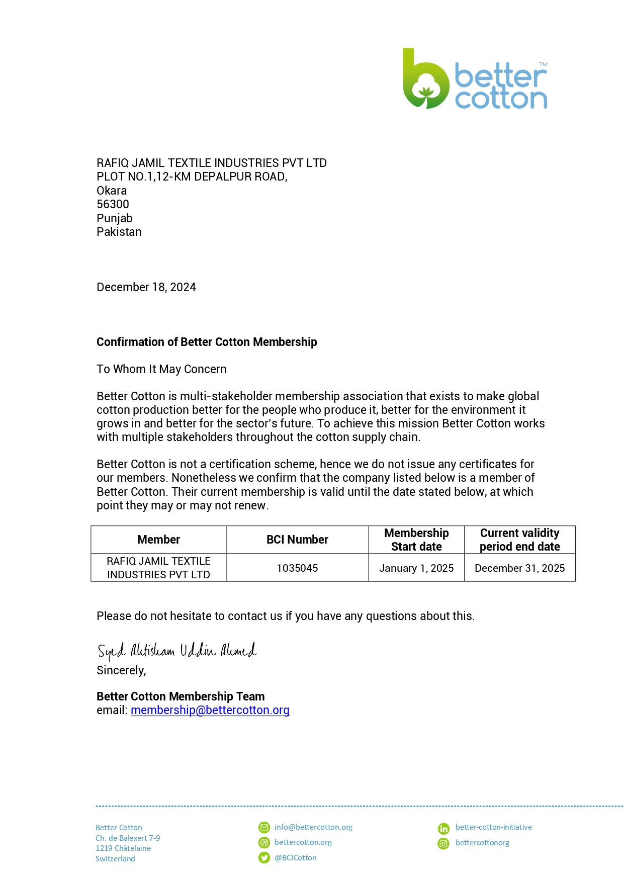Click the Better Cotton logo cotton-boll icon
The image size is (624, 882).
tap(426, 83)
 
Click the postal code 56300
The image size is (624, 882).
tap(113, 204)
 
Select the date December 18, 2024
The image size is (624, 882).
tap(146, 287)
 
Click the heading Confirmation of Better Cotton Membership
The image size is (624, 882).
tap(207, 342)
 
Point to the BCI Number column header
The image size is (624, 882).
tap(297, 540)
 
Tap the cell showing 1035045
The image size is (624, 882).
tap(297, 568)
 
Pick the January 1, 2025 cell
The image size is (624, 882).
tap(416, 568)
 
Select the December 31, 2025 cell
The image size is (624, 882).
tap(519, 568)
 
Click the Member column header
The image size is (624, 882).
tap(158, 540)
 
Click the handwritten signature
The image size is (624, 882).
tap(176, 651)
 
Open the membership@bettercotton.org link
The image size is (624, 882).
tap(210, 710)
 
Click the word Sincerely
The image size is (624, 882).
tap(121, 670)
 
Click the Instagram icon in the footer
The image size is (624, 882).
tap(443, 844)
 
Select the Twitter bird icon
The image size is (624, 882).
tap(264, 858)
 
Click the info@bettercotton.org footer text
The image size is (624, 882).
tap(313, 827)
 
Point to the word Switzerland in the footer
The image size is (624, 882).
tap(115, 859)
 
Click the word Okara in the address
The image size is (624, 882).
tap(112, 191)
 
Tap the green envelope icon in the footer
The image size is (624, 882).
tap(264, 827)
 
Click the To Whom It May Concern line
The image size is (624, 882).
tap(161, 369)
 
